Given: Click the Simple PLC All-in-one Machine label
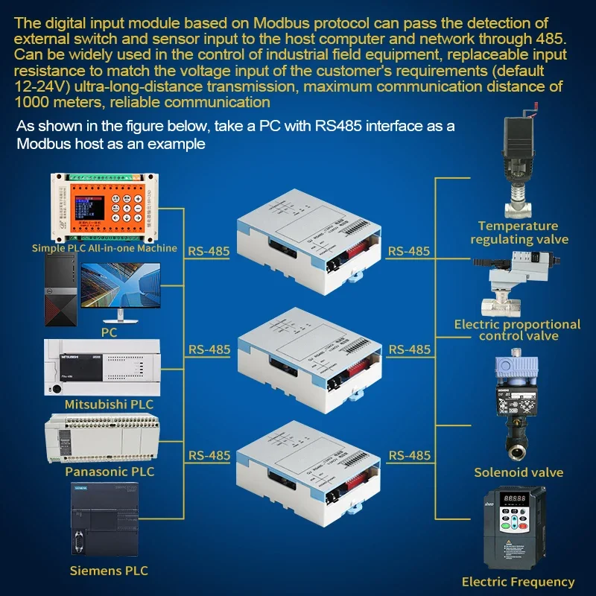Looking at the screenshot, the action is point(104,248).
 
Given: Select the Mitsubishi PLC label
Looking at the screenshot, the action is point(109,404).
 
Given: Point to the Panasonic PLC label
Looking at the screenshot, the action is point(110,472).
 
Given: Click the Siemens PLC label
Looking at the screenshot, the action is point(109,571).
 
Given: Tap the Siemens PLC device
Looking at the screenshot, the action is point(103,521).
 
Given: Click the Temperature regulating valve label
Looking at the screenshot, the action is point(519,232).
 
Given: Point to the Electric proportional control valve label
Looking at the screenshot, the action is point(517,330).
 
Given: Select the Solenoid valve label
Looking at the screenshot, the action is point(519,472).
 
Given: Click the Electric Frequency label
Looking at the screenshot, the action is point(519,582).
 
